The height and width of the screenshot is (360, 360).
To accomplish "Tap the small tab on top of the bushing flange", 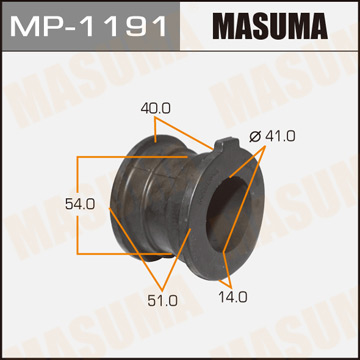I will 220,146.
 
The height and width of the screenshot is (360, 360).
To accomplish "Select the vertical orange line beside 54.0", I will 78,203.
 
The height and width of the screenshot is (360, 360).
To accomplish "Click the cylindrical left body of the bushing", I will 150,205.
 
